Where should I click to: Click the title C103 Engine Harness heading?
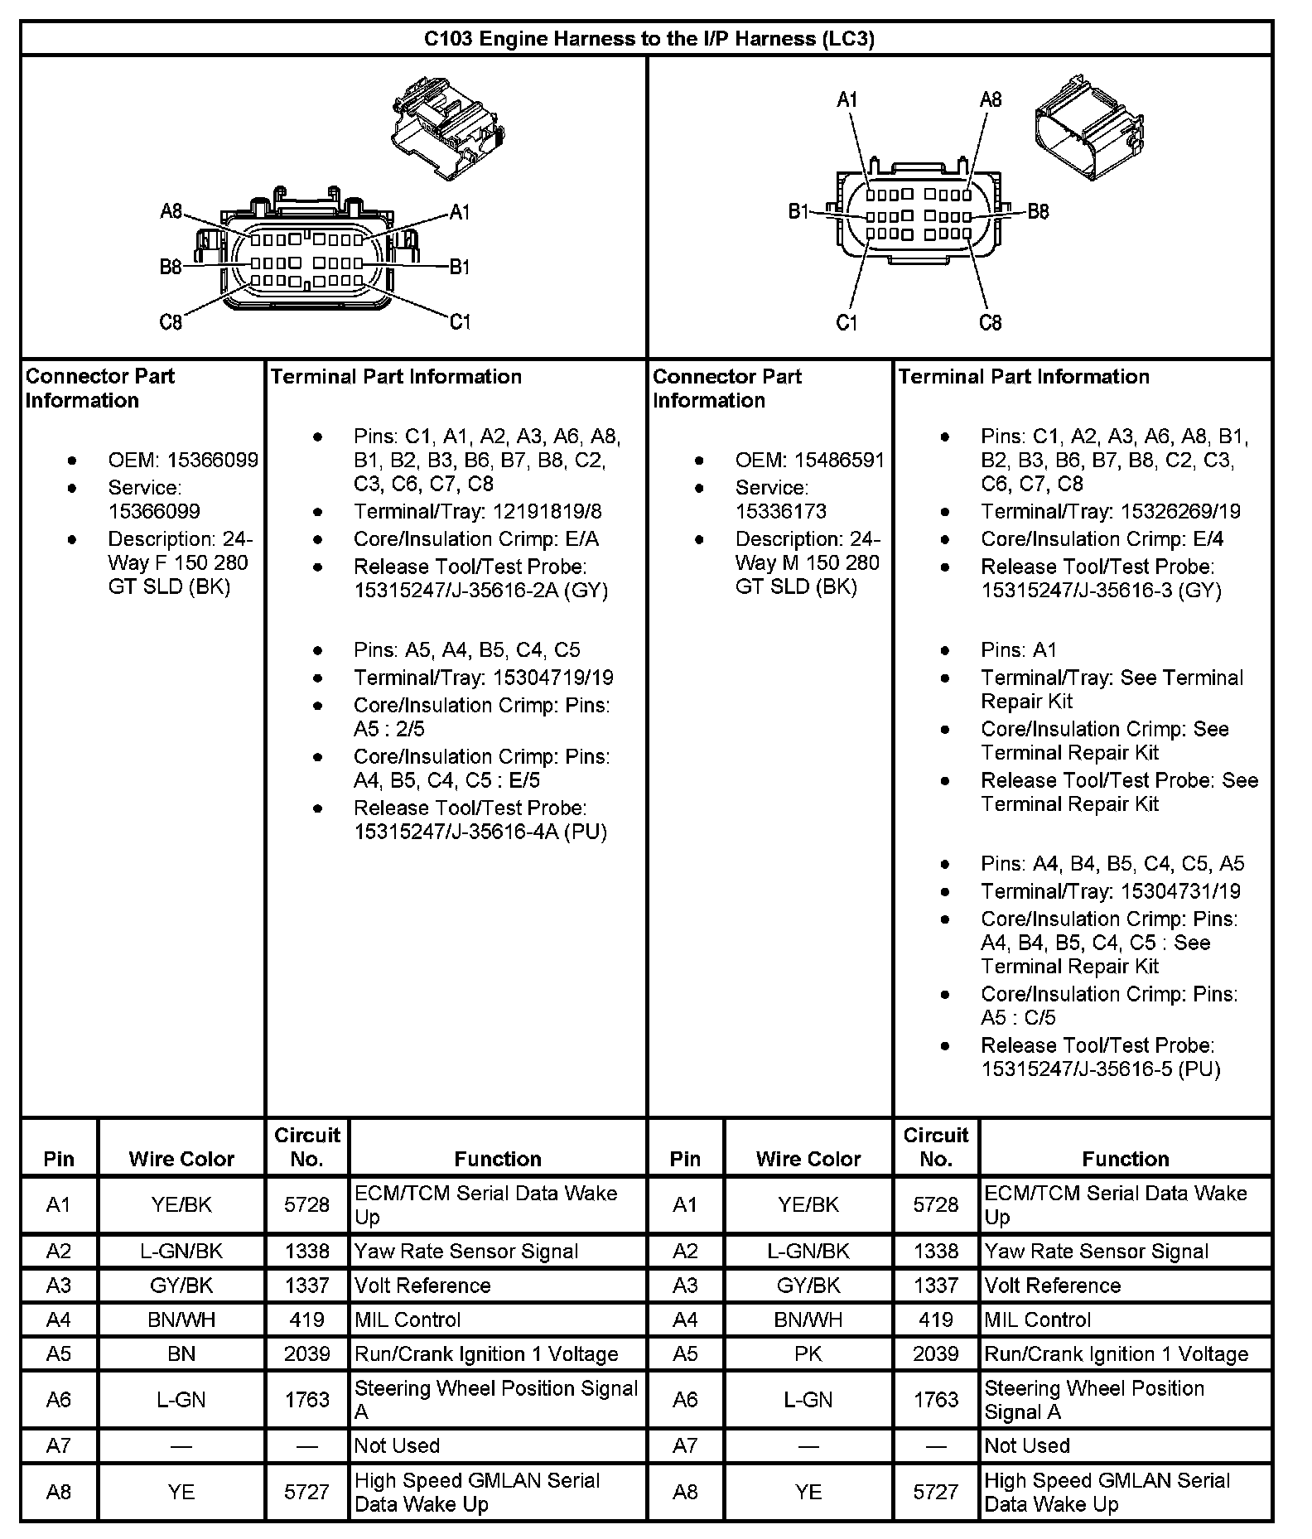pos(649,39)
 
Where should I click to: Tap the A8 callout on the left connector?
pos(171,212)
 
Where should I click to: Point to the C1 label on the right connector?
pos(847,322)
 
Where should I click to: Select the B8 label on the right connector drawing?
pos(1038,212)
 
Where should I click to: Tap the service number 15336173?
pos(780,512)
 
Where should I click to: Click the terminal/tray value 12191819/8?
pos(547,512)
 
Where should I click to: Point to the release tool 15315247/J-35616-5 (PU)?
pos(1101,1069)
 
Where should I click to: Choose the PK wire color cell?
pos(808,1354)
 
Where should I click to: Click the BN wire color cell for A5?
pos(181,1354)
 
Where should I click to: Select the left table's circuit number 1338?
pos(306,1252)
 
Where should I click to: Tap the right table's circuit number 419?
pos(935,1320)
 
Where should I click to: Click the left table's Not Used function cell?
pos(398,1446)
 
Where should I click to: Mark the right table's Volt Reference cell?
pos(1052,1286)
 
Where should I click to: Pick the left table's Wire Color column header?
pos(181,1159)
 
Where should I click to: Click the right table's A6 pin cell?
pos(685,1400)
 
